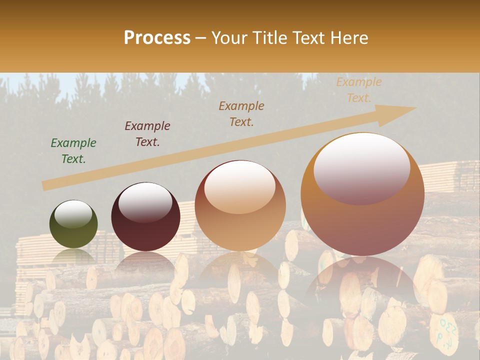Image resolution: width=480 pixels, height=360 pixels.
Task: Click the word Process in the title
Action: (157, 38)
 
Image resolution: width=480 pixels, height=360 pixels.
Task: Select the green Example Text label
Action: (73, 150)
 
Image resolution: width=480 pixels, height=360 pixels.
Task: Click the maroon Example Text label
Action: (147, 133)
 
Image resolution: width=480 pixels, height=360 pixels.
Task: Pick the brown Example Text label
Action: (241, 113)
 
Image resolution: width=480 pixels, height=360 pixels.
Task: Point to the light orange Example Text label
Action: (359, 90)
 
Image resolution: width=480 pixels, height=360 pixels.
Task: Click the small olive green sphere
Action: (73, 224)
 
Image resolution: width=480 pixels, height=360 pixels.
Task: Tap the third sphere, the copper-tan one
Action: (240, 206)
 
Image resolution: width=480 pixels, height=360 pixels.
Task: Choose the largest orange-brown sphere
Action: (362, 194)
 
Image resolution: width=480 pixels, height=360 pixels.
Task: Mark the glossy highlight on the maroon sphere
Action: (145, 201)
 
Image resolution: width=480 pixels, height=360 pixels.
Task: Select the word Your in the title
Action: (230, 38)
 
